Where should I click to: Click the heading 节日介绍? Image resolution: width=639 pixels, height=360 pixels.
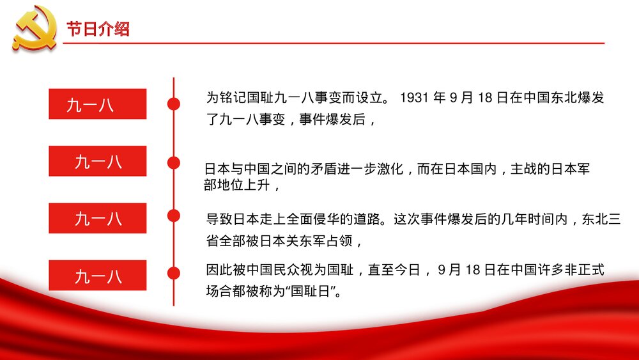[98, 29]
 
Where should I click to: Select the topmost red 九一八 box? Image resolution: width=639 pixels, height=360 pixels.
[97, 104]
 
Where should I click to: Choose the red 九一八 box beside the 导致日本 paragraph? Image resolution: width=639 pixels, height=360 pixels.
[97, 219]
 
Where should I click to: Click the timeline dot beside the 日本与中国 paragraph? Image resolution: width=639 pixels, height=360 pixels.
[173, 162]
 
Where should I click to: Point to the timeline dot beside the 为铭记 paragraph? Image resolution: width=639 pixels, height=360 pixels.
[173, 104]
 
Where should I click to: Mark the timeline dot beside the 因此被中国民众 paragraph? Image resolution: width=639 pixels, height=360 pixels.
[173, 272]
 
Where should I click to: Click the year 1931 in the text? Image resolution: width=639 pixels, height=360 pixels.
[413, 98]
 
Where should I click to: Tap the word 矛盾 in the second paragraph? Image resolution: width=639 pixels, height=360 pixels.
[332, 170]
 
